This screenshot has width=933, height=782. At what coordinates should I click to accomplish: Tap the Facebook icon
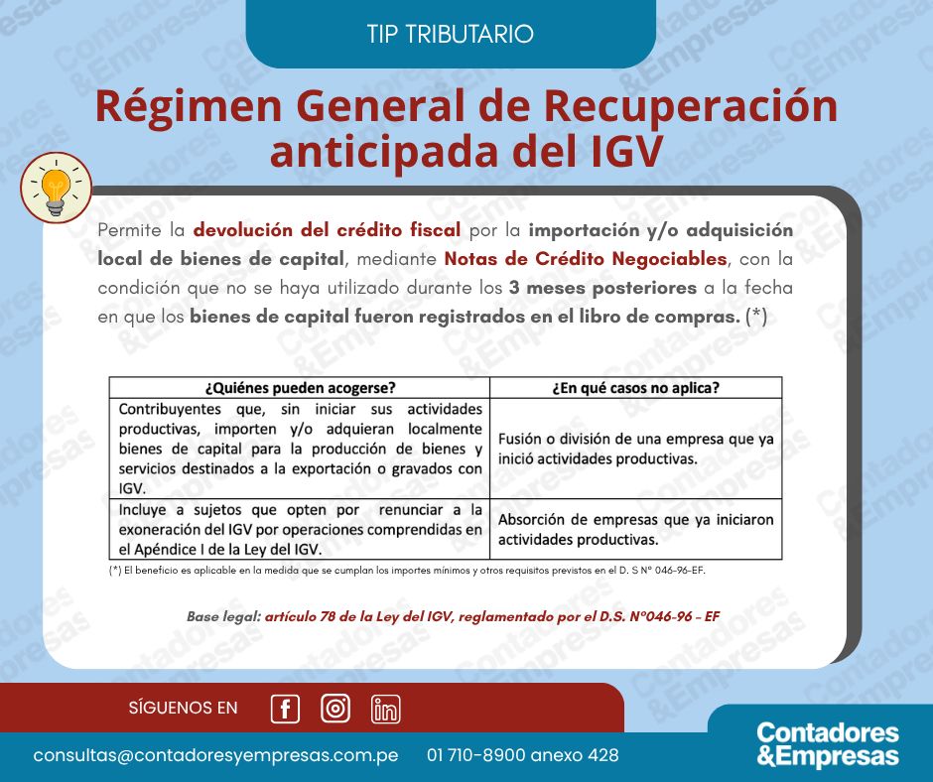click(285, 709)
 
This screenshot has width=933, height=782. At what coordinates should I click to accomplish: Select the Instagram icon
click(335, 709)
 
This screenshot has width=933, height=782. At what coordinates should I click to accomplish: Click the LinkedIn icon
click(385, 709)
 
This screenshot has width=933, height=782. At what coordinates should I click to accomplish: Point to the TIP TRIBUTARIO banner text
click(451, 34)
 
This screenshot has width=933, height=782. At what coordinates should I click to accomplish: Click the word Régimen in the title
click(189, 106)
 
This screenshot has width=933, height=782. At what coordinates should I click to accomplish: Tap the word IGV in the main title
click(626, 151)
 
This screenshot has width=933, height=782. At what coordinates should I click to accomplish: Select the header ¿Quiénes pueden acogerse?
click(300, 388)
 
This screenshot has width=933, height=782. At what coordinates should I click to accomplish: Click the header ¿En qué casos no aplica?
click(635, 388)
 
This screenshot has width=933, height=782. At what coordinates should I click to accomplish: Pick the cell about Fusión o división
click(635, 449)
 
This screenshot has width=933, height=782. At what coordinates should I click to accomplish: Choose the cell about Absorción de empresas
click(635, 529)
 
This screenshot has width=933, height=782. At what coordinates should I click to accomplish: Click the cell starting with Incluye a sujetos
click(300, 529)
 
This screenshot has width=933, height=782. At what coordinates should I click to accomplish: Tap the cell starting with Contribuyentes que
click(300, 449)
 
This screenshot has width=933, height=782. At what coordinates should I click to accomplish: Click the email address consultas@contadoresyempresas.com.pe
click(216, 755)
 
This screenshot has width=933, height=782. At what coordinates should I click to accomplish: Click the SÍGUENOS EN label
click(184, 708)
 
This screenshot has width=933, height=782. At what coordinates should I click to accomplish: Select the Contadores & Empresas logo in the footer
click(828, 744)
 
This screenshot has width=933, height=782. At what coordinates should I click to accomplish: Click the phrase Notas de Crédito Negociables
click(586, 259)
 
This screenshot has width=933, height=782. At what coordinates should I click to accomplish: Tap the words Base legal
click(223, 616)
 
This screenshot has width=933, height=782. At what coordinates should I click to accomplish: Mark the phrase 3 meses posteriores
click(602, 288)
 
